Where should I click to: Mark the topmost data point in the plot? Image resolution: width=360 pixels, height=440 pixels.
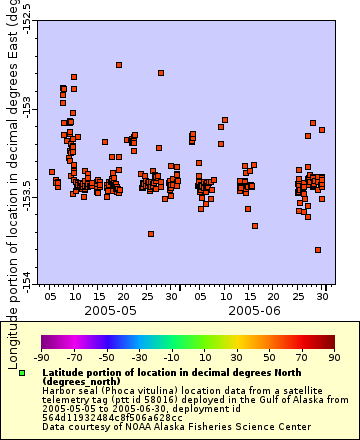(x=119, y=65)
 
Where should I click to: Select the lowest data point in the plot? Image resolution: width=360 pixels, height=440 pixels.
(x=318, y=250)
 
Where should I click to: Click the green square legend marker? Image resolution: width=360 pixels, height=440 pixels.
(x=21, y=373)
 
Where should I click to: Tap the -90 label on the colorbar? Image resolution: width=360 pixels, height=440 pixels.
(x=41, y=357)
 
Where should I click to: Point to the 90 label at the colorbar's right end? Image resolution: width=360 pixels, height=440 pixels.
(x=333, y=357)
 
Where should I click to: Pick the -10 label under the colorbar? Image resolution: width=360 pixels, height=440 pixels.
(x=171, y=357)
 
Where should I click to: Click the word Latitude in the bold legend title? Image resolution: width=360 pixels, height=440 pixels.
(x=65, y=371)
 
